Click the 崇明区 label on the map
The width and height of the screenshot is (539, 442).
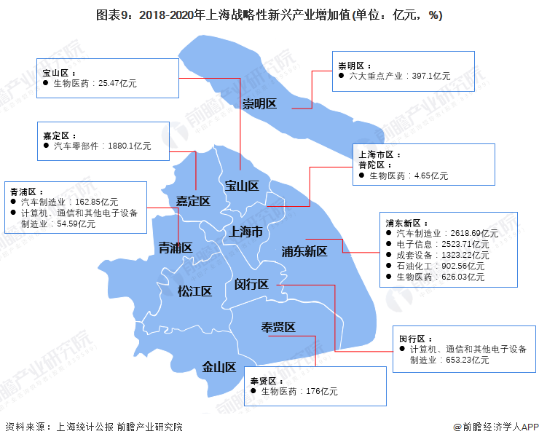click(x=260, y=103)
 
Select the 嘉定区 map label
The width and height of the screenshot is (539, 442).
click(x=193, y=201)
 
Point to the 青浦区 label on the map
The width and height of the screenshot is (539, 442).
click(x=176, y=248)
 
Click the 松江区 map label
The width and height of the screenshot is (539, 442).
click(x=194, y=291)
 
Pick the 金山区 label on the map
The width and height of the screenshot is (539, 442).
click(x=219, y=367)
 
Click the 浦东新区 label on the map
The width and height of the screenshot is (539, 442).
click(x=304, y=251)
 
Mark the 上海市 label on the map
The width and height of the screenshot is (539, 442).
click(x=245, y=232)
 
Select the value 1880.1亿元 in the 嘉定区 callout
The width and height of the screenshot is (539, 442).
click(x=129, y=146)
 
